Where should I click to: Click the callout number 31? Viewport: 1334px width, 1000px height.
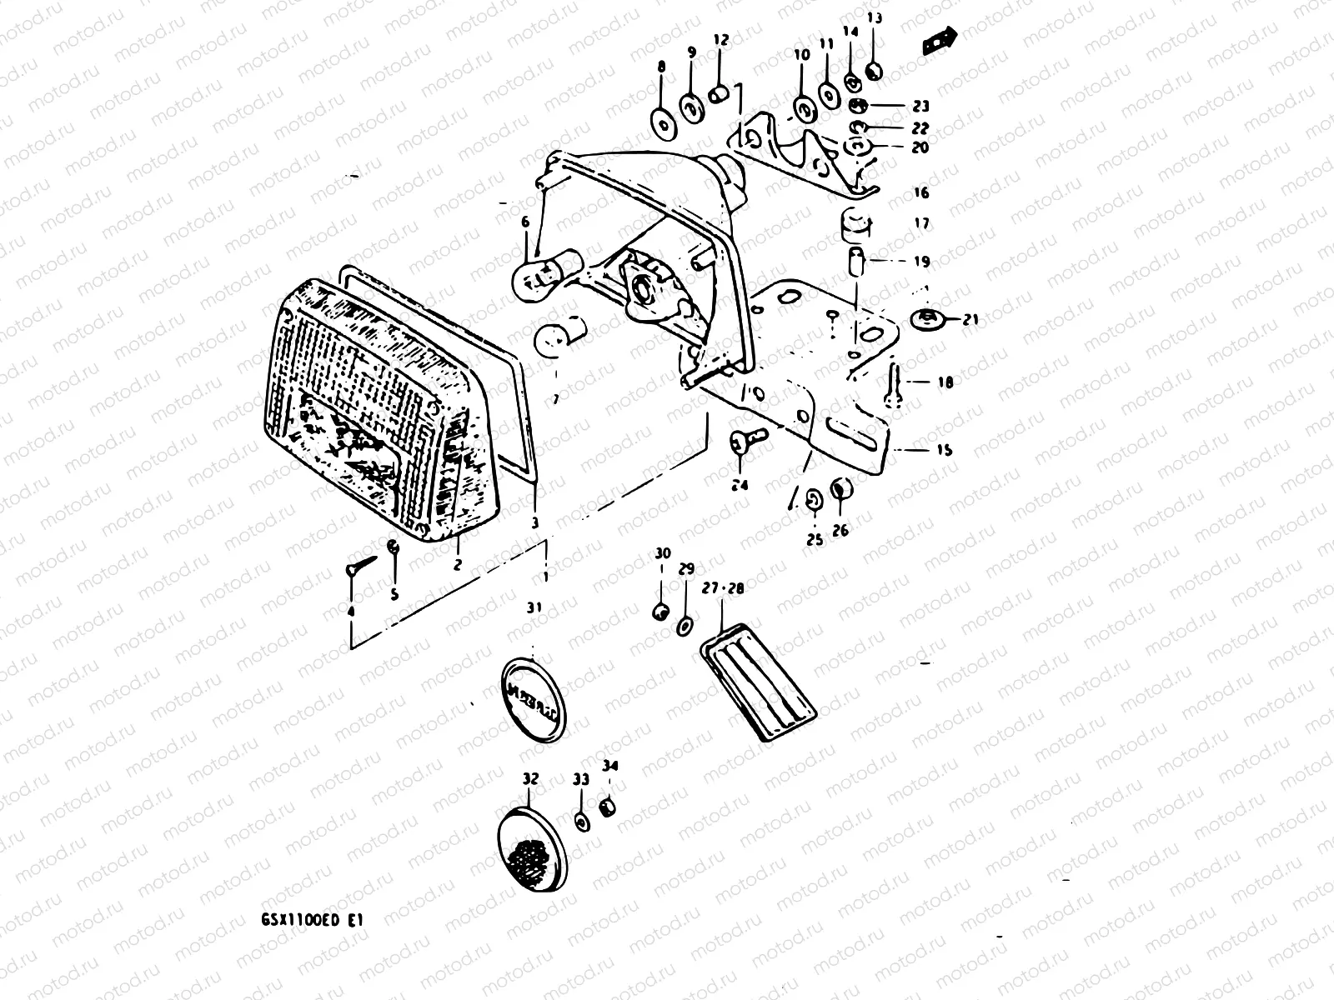tap(534, 608)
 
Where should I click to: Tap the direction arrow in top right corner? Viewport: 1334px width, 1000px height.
tap(940, 40)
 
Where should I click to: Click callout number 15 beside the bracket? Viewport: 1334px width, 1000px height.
tap(944, 450)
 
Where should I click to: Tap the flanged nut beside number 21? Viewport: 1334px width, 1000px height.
tap(926, 318)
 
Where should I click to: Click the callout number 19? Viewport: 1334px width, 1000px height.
tap(920, 261)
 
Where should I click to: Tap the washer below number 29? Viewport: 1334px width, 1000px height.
tap(685, 624)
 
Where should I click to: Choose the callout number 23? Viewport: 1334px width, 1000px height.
tap(920, 107)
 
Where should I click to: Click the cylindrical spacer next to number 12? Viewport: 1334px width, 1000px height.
tap(719, 93)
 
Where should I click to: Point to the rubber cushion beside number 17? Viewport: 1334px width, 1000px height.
tap(854, 222)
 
